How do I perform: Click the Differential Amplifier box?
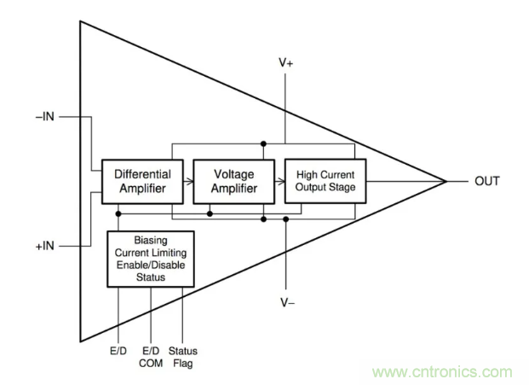coord(142,180)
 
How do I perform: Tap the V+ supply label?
coord(287,65)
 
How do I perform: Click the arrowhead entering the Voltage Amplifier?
coord(189,180)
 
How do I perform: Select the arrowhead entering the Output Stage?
coord(279,180)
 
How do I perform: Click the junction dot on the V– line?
coord(286,219)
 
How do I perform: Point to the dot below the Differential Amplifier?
coord(118,213)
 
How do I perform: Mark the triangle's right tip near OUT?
coord(446,181)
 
